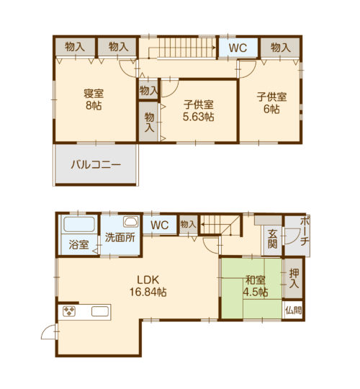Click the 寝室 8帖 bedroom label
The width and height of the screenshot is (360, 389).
[x=94, y=99]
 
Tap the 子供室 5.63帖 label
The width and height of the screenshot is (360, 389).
[x=198, y=111]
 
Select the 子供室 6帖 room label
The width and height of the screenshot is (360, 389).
[x=271, y=103]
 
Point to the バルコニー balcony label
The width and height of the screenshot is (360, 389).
[x=96, y=165]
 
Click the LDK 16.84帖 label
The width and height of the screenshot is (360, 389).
[x=148, y=286]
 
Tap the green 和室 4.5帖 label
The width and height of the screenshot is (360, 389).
[x=256, y=286]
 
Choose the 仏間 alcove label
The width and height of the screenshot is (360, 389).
[x=293, y=310]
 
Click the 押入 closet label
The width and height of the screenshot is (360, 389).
[x=294, y=278]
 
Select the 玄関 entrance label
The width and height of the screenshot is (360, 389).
[x=272, y=239]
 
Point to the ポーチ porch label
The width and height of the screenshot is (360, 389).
[x=305, y=231]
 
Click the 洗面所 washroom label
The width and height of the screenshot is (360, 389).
[x=120, y=238]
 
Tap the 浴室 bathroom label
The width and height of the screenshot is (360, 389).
[x=78, y=245]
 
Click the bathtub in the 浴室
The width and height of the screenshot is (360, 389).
[x=79, y=224]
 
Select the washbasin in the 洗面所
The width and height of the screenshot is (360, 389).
[x=131, y=222]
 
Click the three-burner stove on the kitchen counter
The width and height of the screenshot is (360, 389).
[x=69, y=312]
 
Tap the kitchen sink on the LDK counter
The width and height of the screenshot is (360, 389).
[x=100, y=312]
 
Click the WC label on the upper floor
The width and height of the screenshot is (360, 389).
[x=238, y=48]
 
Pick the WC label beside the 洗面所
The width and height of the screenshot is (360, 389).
[x=160, y=225]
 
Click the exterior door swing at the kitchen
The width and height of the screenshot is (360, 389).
[x=48, y=331]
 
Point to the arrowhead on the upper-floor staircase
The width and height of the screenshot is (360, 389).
[x=214, y=47]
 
